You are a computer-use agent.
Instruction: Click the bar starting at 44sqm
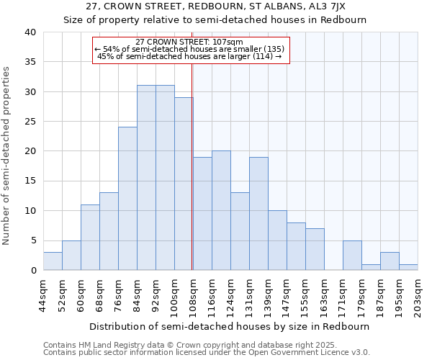tap(53, 261)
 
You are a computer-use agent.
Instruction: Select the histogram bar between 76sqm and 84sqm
tap(127, 199)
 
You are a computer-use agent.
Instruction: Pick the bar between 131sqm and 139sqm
tap(258, 214)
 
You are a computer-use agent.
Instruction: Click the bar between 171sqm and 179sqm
tap(352, 256)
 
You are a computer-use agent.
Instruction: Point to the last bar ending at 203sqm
tap(408, 267)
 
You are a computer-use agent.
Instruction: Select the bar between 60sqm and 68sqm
tap(90, 238)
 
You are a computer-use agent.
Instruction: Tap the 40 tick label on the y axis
tap(30, 32)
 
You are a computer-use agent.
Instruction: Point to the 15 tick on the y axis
tap(30, 181)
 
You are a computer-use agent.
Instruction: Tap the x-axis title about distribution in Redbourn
tap(230, 326)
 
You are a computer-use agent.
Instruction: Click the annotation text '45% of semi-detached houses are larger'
tap(189, 56)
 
